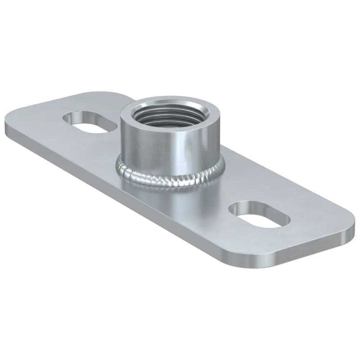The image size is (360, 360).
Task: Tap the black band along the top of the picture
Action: pyautogui.click(x=180, y=43)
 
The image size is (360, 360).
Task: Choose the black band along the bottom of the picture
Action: pyautogui.click(x=180, y=317)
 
